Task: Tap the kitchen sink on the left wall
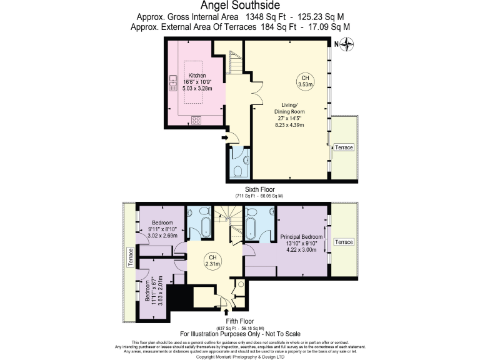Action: pyautogui.click(x=172, y=83)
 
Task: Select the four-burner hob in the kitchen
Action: pyautogui.click(x=196, y=119)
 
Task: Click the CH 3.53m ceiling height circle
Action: pyautogui.click(x=304, y=81)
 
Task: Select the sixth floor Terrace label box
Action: pyautogui.click(x=343, y=147)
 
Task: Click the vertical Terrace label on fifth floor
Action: pyautogui.click(x=131, y=257)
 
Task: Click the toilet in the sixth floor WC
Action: pyautogui.click(x=240, y=169)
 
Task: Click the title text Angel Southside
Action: pyautogui.click(x=239, y=6)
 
